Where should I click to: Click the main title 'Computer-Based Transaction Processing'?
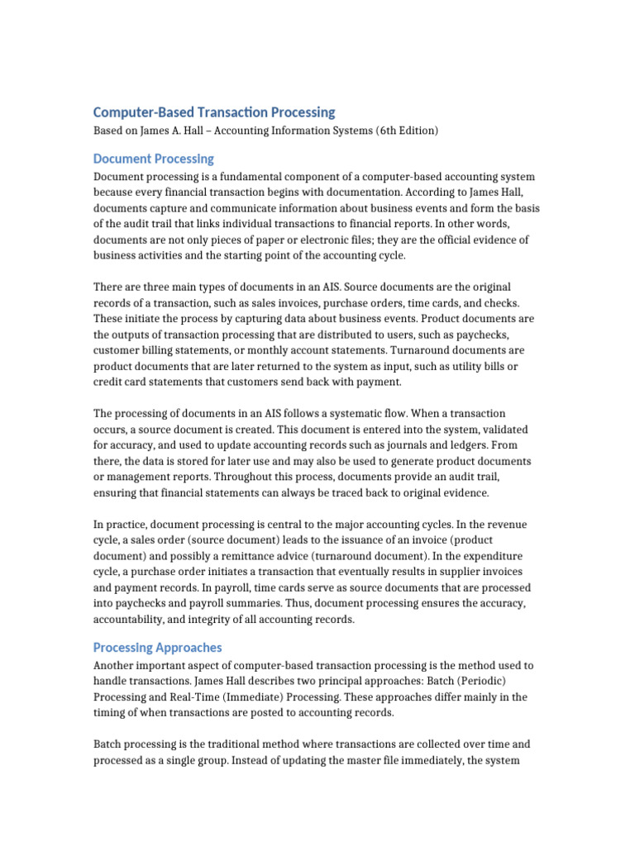[214, 112]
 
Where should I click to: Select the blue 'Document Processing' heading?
[153, 158]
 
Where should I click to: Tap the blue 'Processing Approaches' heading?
[157, 647]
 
